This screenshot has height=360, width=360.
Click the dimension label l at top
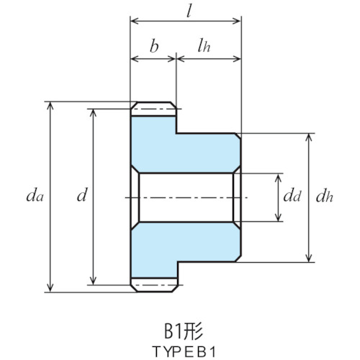click(189, 12)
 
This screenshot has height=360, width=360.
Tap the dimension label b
click(154, 46)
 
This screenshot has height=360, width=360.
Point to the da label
click(35, 196)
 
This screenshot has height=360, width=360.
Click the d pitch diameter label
click(81, 195)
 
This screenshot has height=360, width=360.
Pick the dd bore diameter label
click(292, 196)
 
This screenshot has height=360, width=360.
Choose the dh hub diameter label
click(325, 196)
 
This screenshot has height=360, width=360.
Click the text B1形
click(184, 331)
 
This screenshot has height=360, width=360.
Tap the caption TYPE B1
click(184, 351)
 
